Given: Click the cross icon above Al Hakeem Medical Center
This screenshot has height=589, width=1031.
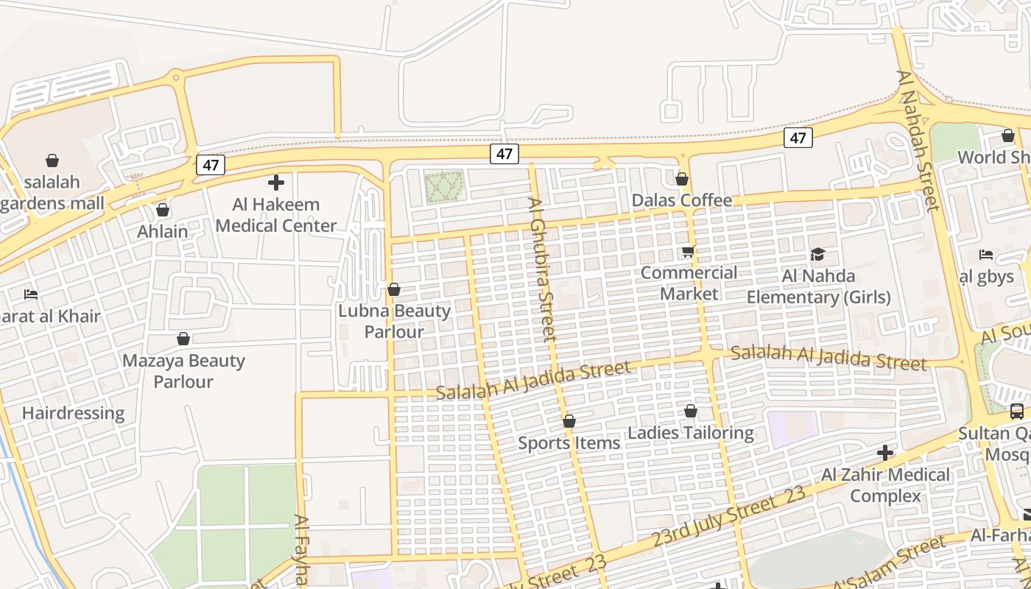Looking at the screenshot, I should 276,183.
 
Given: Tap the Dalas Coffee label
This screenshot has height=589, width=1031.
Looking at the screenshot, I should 682,200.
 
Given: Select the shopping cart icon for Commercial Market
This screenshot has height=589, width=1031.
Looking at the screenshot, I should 689,252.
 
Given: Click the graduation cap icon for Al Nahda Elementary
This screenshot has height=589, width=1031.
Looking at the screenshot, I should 817,255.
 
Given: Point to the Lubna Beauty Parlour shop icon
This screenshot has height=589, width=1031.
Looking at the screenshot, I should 394,289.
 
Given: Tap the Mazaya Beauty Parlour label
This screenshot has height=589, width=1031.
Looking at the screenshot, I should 183,371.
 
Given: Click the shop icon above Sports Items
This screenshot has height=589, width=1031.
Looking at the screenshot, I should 569,421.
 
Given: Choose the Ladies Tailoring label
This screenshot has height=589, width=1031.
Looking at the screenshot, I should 691,433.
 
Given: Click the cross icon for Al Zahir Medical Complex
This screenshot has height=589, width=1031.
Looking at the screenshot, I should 885,452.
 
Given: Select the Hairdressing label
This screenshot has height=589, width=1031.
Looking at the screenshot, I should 74,413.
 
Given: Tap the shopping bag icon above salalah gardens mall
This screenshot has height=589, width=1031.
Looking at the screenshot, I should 52,161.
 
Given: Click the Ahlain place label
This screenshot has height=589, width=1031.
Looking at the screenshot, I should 163,231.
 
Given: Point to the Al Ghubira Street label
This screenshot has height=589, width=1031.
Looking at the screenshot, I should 541,269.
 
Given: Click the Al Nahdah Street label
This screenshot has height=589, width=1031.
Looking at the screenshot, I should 918,140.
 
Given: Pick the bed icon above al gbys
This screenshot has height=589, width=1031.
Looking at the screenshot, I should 986,255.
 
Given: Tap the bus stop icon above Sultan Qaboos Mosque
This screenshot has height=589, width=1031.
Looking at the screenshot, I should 1016,412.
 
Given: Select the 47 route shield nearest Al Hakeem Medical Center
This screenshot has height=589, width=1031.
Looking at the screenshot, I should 210,165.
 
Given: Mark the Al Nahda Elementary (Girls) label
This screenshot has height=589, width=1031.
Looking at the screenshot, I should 819,287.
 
